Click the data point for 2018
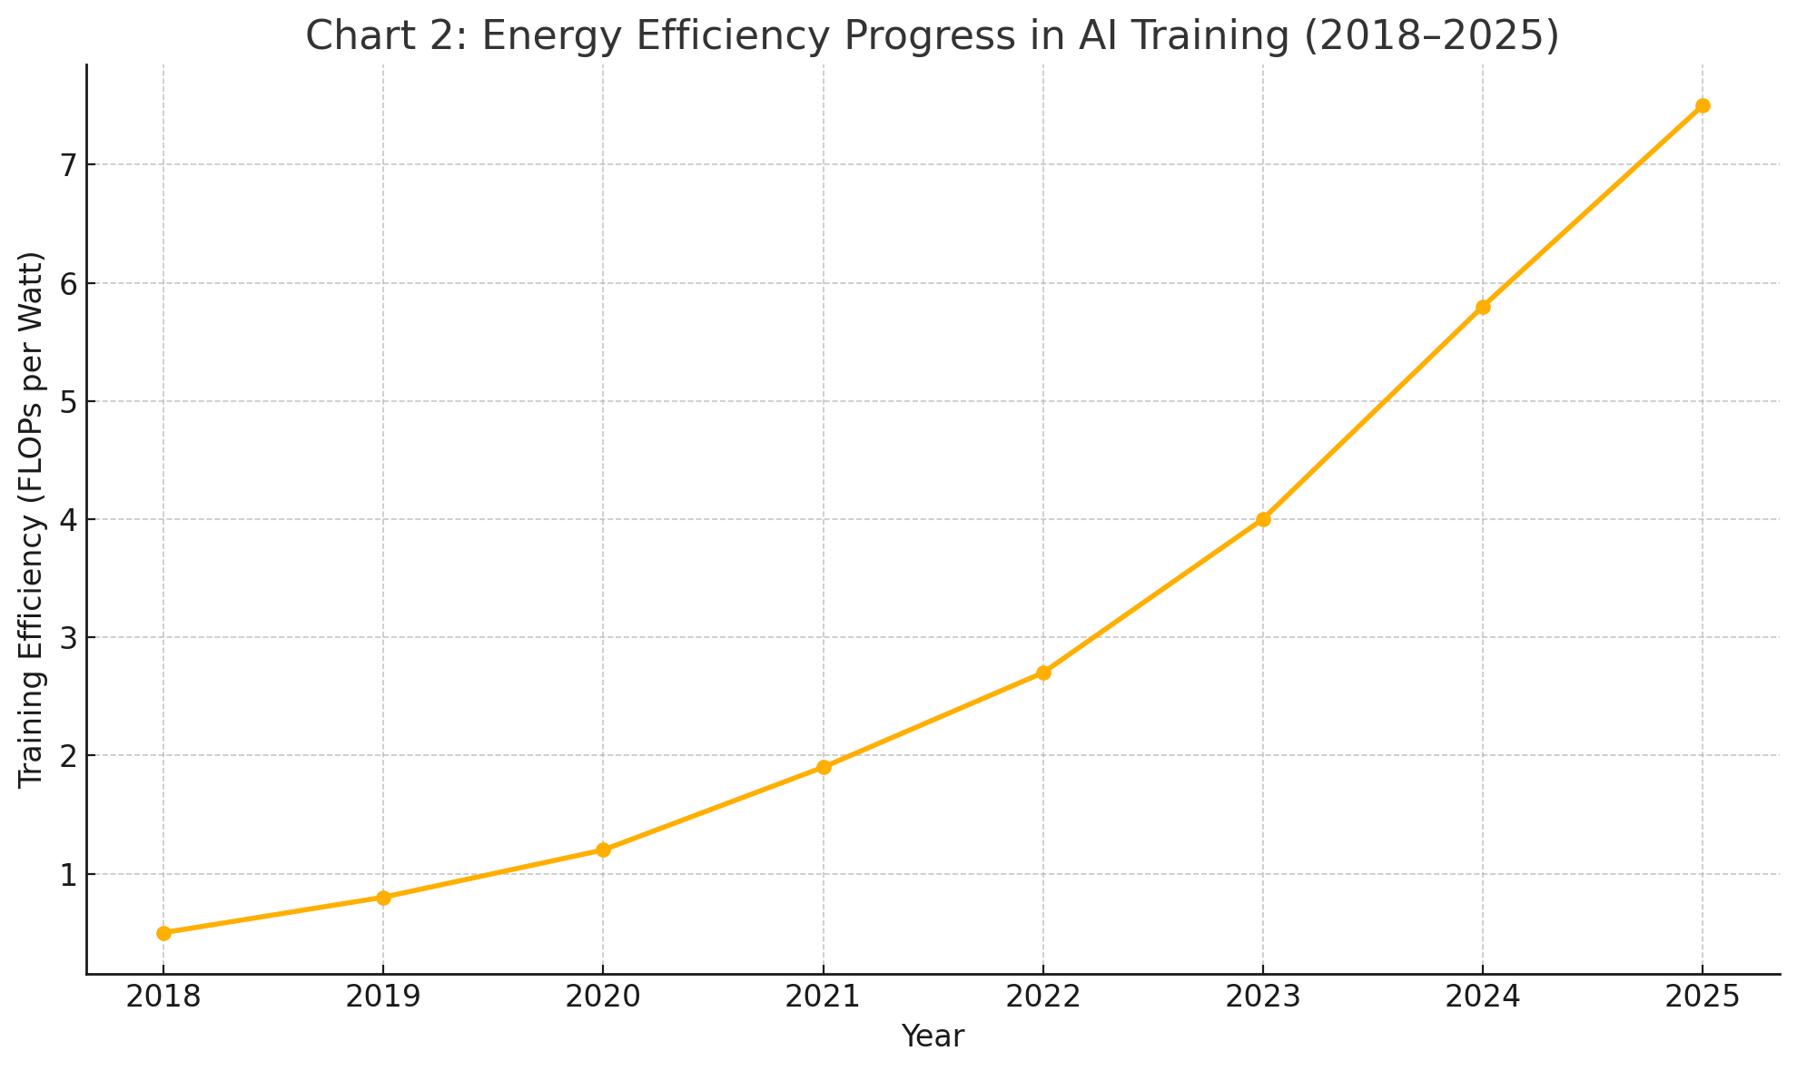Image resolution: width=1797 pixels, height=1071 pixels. pyautogui.click(x=163, y=933)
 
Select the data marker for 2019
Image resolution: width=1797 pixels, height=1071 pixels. pyautogui.click(x=383, y=898)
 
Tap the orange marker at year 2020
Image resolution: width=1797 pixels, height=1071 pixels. pyautogui.click(x=603, y=850)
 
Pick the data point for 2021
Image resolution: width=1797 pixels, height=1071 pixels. pyautogui.click(x=824, y=767)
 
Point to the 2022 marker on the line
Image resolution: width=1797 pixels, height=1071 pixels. pyautogui.click(x=1043, y=673)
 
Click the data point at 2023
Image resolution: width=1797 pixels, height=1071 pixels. pyautogui.click(x=1263, y=519)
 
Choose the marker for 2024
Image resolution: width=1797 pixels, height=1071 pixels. pyautogui.click(x=1483, y=307)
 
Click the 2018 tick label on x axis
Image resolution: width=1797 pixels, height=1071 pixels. pyautogui.click(x=163, y=997)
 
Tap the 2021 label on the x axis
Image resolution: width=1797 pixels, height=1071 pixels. pyautogui.click(x=824, y=997)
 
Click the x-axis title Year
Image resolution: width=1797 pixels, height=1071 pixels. pyautogui.click(x=933, y=1037)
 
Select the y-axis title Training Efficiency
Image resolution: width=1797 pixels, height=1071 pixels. pyautogui.click(x=32, y=519)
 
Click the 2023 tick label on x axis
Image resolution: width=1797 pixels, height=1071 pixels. pyautogui.click(x=1263, y=997)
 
